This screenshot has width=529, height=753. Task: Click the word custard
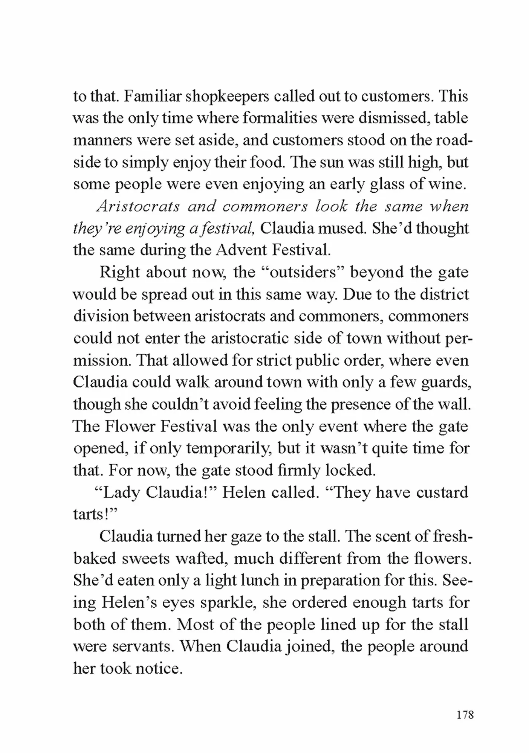coord(442,492)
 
